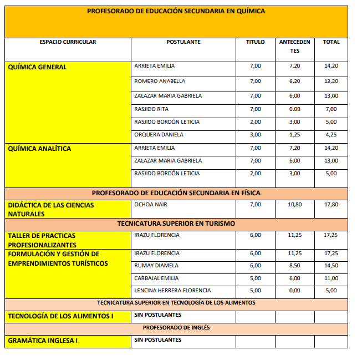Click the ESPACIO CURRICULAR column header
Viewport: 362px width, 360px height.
tap(68, 42)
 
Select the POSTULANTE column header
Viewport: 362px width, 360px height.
tap(183, 42)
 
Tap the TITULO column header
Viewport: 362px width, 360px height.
tap(255, 42)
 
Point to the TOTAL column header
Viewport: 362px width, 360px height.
tap(331, 42)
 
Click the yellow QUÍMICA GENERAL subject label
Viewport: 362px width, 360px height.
tap(37, 67)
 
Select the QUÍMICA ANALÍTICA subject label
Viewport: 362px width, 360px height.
tap(39, 149)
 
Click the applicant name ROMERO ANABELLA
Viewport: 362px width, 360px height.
tap(160, 81)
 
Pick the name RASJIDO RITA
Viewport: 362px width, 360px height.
tap(151, 109)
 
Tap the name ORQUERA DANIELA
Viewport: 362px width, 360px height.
tap(159, 135)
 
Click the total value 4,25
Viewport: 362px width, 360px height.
tap(331, 135)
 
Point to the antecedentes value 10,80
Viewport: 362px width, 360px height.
tap(294, 205)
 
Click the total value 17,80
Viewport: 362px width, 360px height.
tap(331, 205)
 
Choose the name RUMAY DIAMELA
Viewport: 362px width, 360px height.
tap(156, 266)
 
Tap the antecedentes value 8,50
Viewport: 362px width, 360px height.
tap(294, 266)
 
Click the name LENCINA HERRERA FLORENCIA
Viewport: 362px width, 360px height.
tap(172, 290)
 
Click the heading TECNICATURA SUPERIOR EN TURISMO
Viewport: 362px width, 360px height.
tap(176, 224)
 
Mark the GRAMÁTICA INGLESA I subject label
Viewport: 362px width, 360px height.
tap(43, 341)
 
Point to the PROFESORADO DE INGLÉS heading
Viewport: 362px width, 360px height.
tap(176, 328)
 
